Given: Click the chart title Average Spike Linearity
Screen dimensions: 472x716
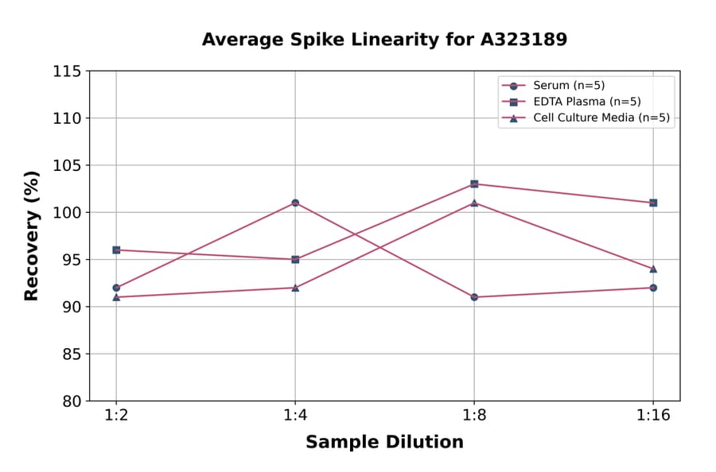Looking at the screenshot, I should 384,40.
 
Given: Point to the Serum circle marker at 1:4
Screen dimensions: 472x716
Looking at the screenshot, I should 295,203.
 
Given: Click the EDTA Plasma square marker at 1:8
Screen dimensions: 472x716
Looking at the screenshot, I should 474,184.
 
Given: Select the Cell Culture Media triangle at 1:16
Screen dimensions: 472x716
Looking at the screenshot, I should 653,269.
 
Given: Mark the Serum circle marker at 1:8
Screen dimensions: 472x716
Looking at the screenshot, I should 474,297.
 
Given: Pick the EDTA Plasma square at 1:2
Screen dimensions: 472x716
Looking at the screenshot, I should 116,250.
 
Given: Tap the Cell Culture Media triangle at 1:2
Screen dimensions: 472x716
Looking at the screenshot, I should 116,297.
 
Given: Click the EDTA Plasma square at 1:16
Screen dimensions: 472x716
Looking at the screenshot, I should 653,203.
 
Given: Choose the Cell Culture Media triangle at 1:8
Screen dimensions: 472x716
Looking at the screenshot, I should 474,203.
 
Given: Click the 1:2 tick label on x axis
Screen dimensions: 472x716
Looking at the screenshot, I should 116,416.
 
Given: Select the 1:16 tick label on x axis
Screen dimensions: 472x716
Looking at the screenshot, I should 653,416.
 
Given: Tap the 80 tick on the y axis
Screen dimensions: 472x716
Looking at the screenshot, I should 71,401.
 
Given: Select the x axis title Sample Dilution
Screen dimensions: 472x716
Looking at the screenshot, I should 384,443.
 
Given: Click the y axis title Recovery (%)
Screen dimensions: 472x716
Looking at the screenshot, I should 32,236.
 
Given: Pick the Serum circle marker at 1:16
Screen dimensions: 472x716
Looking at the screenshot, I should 653,288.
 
